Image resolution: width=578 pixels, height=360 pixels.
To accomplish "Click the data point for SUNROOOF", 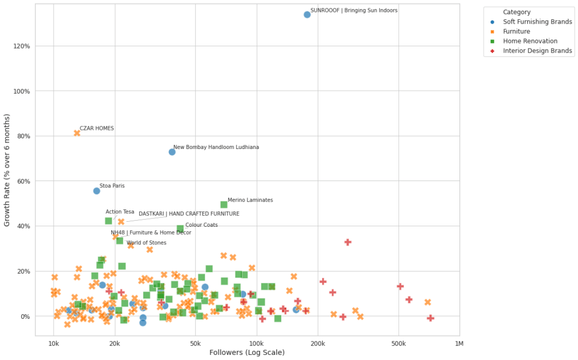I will pos(307,15).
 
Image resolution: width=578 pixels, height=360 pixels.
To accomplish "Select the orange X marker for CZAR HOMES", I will pos(77,133).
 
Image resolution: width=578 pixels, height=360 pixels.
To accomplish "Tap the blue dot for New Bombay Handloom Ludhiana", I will pos(172,152).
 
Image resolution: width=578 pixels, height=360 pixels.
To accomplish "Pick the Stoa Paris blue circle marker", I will pos(97,191).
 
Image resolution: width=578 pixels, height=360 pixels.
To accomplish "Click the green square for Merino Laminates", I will pos(224,205).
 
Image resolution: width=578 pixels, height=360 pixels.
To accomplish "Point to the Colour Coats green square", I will pos(180,229).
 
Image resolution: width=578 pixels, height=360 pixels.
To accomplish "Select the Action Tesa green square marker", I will pos(108,221).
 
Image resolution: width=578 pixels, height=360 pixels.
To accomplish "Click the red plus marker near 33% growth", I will pos(348,242).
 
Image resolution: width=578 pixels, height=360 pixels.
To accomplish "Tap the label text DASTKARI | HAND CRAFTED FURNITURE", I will pos(189,214).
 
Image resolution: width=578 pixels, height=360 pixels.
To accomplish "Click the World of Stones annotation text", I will pos(146,243).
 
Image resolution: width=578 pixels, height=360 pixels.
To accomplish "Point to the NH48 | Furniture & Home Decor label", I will pos(151,232).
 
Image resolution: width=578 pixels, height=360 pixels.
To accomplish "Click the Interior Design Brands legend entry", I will pos(537,51).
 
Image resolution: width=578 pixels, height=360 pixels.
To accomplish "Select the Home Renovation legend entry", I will pos(530,41).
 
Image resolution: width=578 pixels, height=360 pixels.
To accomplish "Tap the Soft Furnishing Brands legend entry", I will pos(537,22).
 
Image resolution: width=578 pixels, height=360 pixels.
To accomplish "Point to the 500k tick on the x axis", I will pos(399,344).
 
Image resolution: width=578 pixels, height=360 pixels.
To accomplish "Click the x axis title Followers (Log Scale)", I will pos(247,353).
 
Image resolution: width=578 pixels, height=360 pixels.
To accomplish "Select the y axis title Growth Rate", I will pos(7,170).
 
